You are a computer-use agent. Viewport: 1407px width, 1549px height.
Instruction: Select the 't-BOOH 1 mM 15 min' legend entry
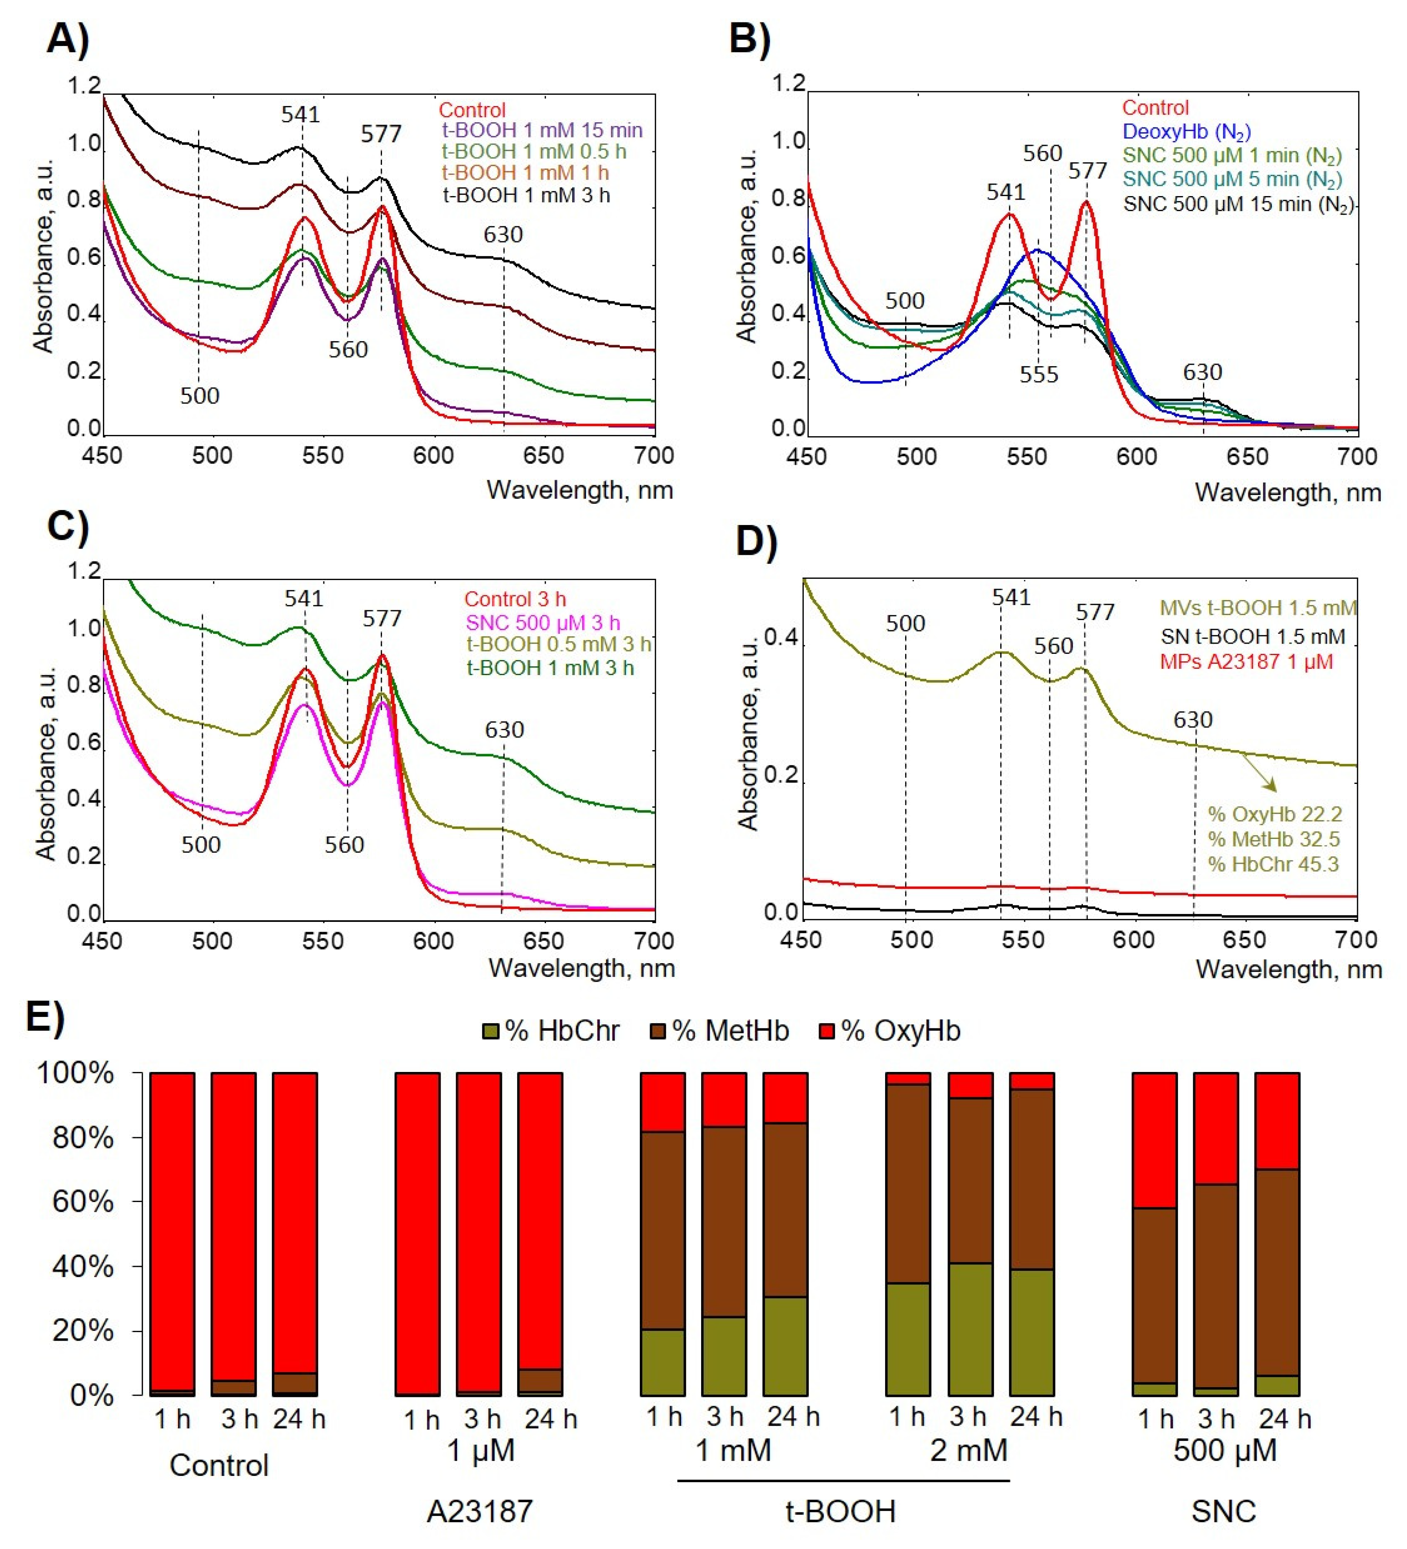pyautogui.click(x=542, y=130)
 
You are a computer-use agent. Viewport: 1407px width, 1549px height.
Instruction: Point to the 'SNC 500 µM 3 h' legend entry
pyautogui.click(x=542, y=622)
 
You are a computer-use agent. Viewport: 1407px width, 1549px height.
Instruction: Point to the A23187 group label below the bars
pyautogui.click(x=479, y=1511)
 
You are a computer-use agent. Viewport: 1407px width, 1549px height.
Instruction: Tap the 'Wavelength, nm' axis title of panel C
pyautogui.click(x=582, y=968)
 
